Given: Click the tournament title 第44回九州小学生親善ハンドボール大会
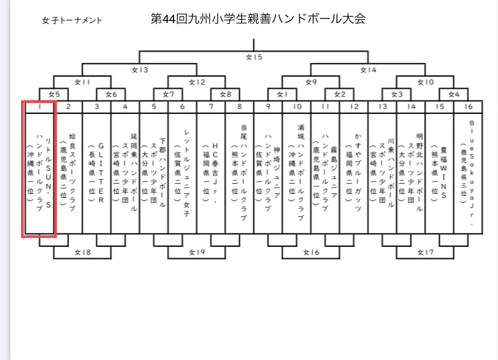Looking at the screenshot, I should [257, 18].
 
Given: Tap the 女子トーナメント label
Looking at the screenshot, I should [72, 20].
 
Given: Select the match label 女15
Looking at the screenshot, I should [253, 57].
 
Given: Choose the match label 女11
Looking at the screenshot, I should [82, 81].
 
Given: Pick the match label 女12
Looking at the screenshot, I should [197, 81].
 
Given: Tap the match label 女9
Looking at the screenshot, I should [311, 81].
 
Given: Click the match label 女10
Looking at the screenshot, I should [426, 81].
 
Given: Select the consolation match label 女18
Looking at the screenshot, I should [82, 252].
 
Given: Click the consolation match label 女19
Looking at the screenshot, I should [196, 252].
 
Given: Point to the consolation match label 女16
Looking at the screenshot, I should [311, 252].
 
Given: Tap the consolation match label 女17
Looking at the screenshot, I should [426, 252].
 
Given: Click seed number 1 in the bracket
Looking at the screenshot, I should [39, 106].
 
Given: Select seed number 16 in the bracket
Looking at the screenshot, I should [468, 106].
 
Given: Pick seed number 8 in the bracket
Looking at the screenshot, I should [239, 106].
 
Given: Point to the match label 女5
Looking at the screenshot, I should [54, 94].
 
